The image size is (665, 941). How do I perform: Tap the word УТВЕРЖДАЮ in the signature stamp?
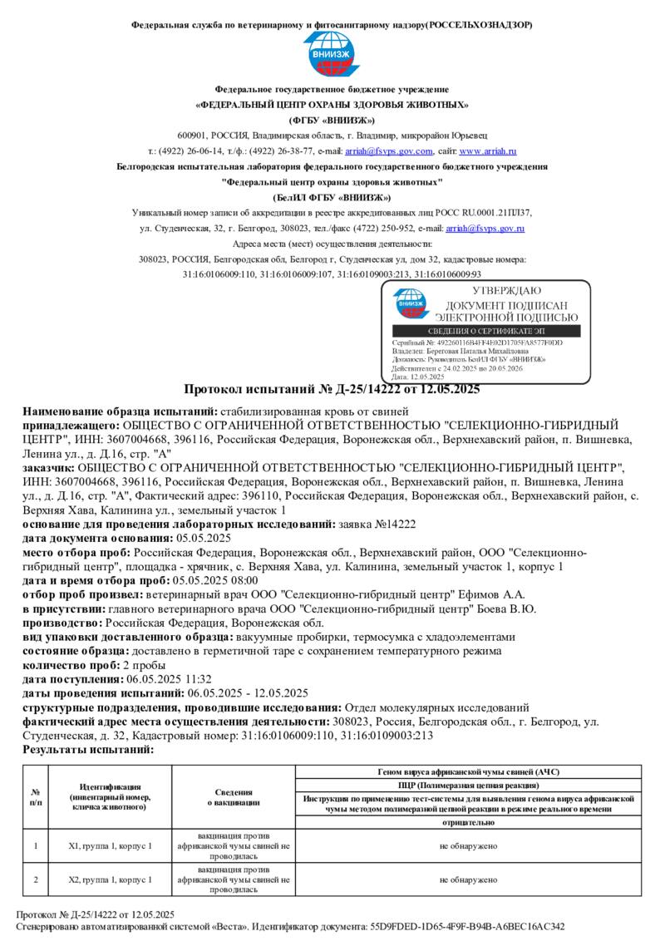(506, 291)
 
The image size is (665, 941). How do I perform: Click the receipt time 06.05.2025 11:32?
(153, 678)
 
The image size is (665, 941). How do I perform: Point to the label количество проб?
(71, 664)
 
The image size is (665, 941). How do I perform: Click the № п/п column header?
(36, 797)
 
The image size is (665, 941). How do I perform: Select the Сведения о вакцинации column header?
(233, 797)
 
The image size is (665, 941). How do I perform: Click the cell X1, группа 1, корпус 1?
(110, 846)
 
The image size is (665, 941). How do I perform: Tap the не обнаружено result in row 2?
(468, 879)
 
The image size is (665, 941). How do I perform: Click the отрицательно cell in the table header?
(468, 822)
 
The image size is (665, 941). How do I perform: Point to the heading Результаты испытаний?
(88, 749)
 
